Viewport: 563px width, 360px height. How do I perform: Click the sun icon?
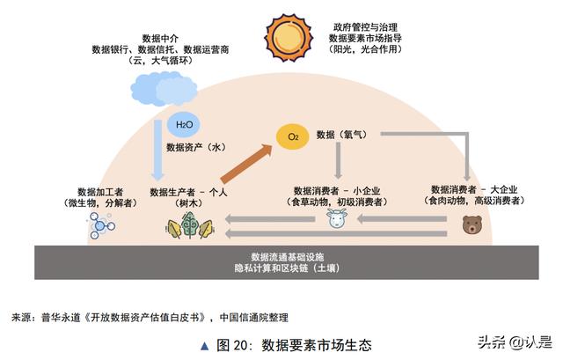[x=289, y=37]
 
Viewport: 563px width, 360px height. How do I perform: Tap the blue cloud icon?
[x=164, y=88]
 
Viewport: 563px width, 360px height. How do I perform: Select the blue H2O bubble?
[x=184, y=125]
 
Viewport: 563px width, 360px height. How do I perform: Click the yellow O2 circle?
[x=293, y=136]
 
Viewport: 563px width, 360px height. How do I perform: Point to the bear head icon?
[x=472, y=225]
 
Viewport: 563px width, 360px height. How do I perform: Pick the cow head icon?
[x=337, y=219]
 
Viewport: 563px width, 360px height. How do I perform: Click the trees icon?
[x=190, y=225]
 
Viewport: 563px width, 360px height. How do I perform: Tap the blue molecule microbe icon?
[x=100, y=225]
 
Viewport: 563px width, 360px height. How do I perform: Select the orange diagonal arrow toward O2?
[x=247, y=164]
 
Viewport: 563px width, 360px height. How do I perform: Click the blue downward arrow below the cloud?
[x=157, y=151]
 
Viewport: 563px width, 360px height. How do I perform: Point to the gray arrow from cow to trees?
[x=270, y=218]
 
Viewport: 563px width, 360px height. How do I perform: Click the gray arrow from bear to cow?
[x=402, y=218]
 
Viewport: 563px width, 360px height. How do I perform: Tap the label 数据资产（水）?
[x=196, y=147]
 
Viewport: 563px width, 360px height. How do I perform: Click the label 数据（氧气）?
[x=342, y=135]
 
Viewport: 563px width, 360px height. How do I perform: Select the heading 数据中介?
[x=160, y=38]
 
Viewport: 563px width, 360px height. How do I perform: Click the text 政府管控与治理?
[x=365, y=27]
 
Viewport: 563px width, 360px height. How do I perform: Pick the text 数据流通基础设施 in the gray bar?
[x=288, y=256]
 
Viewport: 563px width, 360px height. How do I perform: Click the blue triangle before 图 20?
[x=205, y=346]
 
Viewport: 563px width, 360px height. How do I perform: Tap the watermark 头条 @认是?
[x=515, y=342]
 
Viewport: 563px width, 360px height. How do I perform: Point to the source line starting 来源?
[x=150, y=317]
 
